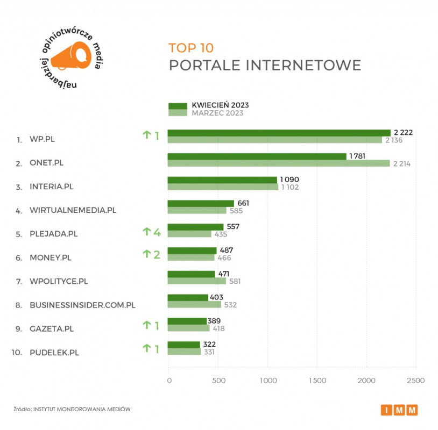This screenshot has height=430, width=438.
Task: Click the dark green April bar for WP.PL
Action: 279,133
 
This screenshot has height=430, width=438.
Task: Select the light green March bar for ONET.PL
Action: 278,163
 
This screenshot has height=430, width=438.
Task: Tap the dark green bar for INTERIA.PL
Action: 222,180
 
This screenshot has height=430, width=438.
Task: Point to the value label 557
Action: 233,227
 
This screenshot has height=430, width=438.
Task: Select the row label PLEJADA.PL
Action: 53,234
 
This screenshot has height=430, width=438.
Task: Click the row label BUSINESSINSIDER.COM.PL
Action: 82,305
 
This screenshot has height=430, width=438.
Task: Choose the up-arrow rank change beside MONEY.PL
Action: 151,254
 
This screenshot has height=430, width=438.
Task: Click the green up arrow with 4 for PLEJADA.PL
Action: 151,232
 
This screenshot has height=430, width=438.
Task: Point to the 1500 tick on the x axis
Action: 317,381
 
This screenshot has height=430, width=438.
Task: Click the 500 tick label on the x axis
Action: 218,381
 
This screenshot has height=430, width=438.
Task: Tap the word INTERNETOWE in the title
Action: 303,66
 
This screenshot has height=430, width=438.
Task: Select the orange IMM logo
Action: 399,410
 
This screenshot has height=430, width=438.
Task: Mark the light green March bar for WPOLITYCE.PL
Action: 196,281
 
